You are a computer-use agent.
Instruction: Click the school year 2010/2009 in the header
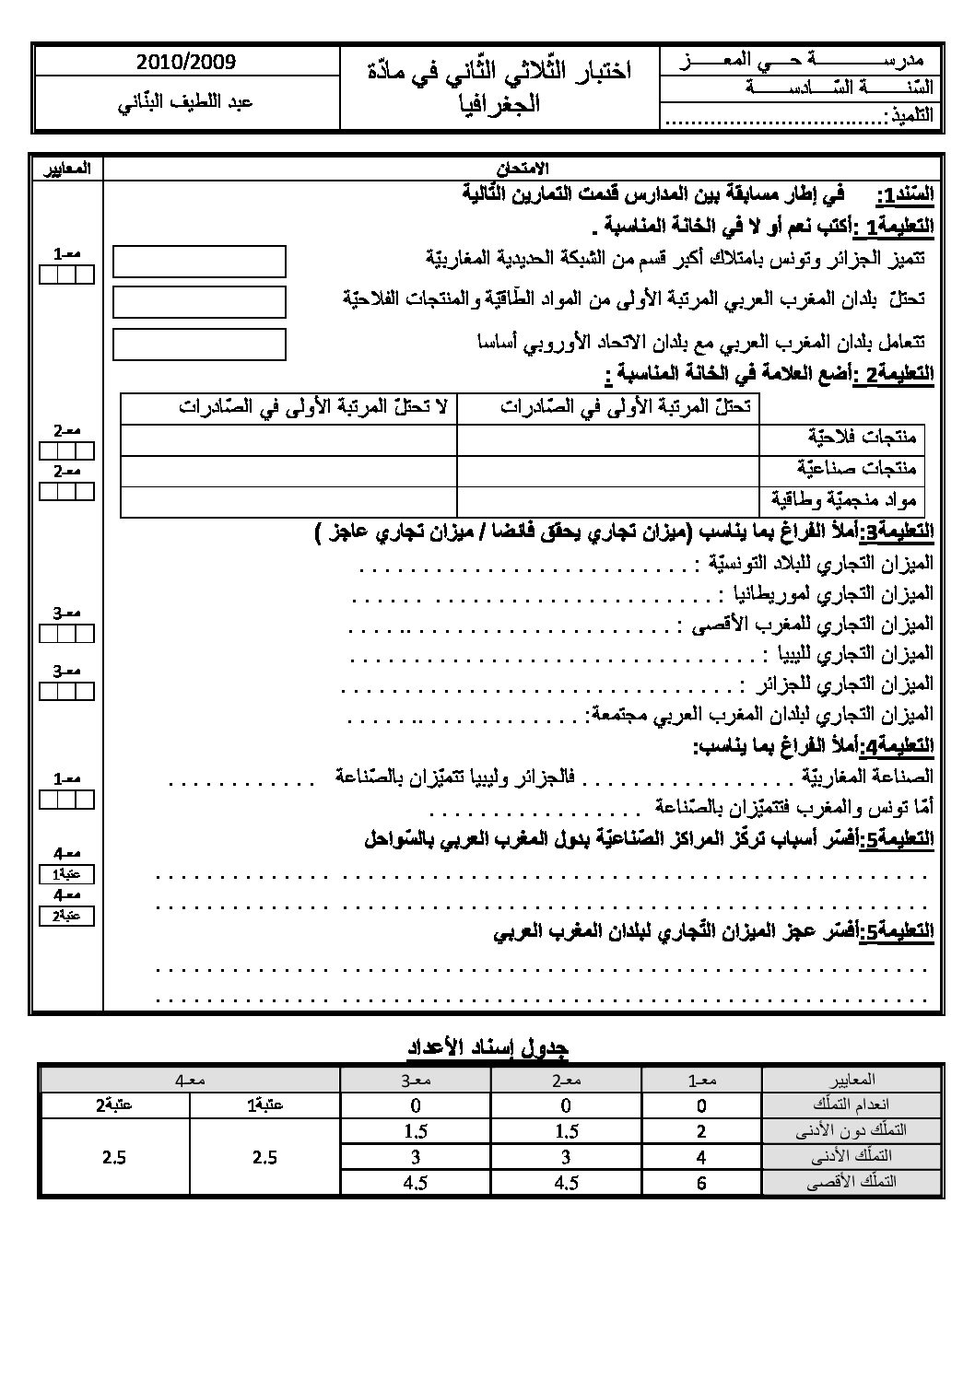click(185, 63)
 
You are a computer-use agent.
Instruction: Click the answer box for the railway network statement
click(199, 262)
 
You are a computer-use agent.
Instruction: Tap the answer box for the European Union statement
click(199, 345)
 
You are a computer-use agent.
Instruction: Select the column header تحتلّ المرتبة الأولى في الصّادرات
click(607, 408)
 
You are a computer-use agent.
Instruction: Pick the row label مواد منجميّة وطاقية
click(843, 500)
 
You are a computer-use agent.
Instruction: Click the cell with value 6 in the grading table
click(701, 1182)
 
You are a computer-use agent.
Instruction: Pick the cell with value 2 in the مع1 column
click(701, 1132)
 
